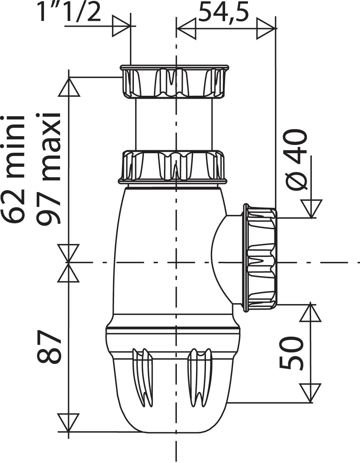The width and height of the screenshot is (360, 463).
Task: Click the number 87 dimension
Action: point(49,347)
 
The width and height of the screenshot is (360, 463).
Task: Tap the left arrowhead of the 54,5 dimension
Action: point(186,28)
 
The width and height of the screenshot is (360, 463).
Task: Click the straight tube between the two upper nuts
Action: point(174,124)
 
